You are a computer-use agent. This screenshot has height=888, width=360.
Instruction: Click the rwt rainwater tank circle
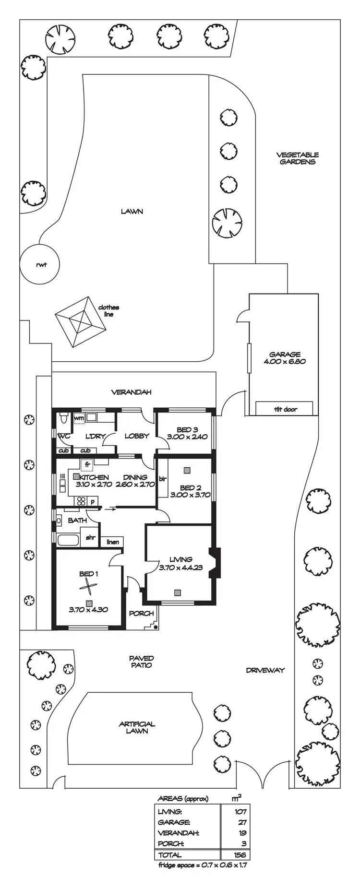click(40, 264)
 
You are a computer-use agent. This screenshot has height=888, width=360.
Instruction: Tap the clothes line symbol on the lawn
click(80, 321)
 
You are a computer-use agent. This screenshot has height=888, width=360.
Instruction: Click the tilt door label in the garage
click(285, 409)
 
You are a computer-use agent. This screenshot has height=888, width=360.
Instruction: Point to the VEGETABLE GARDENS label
click(298, 158)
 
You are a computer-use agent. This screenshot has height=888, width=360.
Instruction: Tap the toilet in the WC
click(63, 420)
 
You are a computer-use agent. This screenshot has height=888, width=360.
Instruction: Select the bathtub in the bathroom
click(68, 541)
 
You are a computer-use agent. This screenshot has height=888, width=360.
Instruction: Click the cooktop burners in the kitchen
click(81, 501)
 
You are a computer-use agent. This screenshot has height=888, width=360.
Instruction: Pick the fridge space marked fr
click(87, 464)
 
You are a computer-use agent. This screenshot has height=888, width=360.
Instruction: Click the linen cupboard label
click(112, 542)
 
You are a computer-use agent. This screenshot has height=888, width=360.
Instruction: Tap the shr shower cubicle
click(90, 538)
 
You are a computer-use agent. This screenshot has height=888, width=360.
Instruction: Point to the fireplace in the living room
click(215, 563)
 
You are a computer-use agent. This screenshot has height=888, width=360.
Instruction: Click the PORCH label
click(141, 613)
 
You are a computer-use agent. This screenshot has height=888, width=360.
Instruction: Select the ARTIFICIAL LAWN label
click(137, 727)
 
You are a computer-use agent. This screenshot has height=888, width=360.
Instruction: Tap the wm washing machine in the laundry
click(79, 418)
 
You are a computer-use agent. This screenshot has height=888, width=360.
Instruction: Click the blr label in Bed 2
click(162, 478)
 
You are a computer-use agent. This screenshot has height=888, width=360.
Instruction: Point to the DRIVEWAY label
click(265, 670)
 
